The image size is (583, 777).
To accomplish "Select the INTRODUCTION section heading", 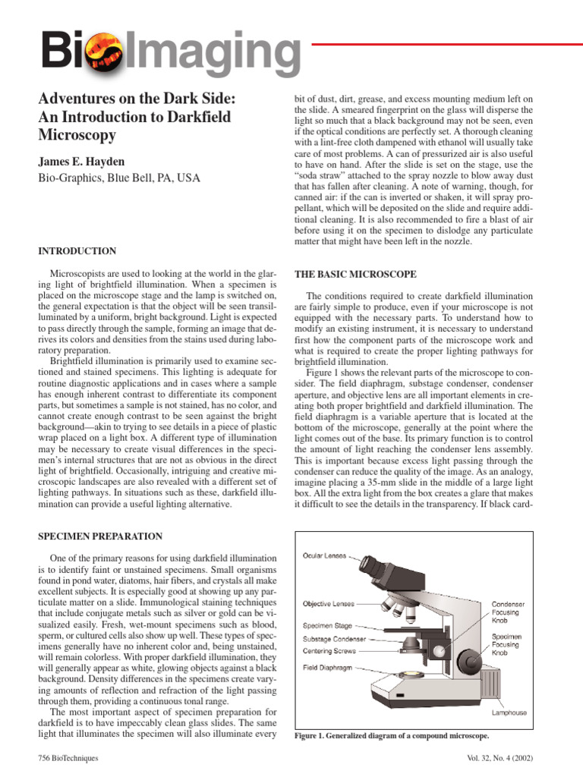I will (x=77, y=251).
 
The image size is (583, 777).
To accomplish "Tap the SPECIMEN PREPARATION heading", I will (x=100, y=536).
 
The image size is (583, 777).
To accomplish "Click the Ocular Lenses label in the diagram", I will (x=324, y=556).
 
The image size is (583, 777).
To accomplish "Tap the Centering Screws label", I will (x=327, y=651).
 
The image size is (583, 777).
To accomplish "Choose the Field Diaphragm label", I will (x=327, y=667).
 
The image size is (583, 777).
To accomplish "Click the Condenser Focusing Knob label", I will (x=508, y=612).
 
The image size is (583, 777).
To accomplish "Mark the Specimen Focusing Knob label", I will (x=506, y=644).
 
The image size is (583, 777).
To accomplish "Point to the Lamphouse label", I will (x=509, y=713).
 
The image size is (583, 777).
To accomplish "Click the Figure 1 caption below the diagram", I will (x=391, y=736).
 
